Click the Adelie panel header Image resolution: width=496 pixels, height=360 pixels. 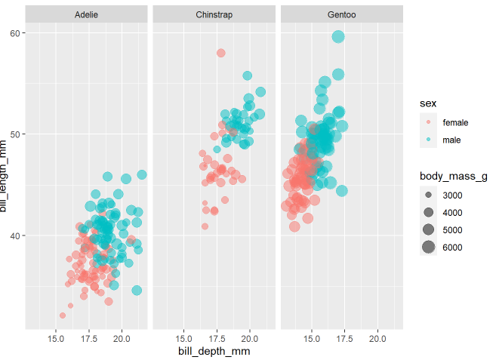pos(87,14)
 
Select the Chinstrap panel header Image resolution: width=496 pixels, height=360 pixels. pos(214,14)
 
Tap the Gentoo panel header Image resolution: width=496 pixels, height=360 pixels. pos(342,14)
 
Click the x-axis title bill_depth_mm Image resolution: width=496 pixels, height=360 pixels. pos(214,351)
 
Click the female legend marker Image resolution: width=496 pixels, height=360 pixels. pos(428,122)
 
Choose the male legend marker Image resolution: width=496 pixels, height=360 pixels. pos(428,140)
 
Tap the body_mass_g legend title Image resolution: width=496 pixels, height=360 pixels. pos(454,177)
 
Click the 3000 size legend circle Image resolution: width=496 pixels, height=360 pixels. pos(428,195)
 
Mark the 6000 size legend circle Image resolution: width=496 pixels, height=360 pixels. pos(428,248)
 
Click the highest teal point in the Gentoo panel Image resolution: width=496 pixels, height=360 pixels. pos(337,37)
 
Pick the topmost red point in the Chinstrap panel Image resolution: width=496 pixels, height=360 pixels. pos(221,53)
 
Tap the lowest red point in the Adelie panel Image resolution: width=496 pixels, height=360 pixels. pos(63,315)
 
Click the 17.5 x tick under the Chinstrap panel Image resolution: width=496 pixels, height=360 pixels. pos(217,337)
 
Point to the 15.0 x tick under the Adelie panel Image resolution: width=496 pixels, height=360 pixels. pos(55,337)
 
